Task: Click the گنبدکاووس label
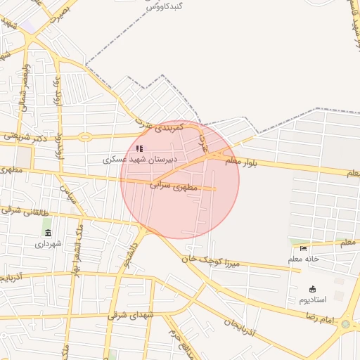(165, 6)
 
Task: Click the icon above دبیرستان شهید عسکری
(139, 148)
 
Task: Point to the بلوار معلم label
(242, 163)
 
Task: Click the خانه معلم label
(303, 259)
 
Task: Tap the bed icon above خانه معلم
(303, 249)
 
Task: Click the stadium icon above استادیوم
(313, 289)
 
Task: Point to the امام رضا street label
(319, 317)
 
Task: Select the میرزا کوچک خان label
(210, 260)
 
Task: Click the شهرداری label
(49, 243)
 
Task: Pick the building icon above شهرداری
(48, 233)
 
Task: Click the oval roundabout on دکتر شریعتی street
(85, 136)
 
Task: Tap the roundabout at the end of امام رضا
(345, 324)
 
